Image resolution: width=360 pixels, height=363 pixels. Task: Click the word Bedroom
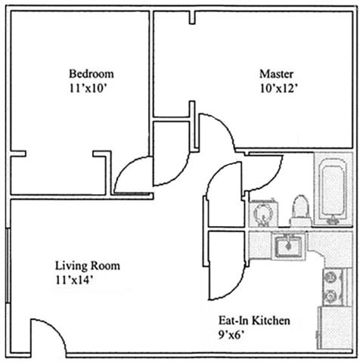tap(92, 74)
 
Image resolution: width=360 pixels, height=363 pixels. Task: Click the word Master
tap(276, 74)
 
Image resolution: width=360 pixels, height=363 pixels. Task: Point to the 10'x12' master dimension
tap(278, 88)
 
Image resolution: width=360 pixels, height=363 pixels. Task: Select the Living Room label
tap(88, 265)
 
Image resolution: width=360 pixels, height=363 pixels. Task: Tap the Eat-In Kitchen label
tap(254, 321)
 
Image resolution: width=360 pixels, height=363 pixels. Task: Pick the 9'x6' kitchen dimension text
tap(232, 335)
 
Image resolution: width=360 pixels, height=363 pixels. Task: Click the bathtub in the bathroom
tap(333, 190)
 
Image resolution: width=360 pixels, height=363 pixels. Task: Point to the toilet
tap(300, 210)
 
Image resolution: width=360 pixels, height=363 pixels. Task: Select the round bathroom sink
tap(264, 214)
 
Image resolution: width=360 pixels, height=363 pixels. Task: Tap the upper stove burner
tap(331, 278)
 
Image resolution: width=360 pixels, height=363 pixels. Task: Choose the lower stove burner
tap(331, 296)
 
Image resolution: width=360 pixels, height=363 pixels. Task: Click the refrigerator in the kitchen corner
tap(335, 327)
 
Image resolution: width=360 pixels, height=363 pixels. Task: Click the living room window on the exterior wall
tap(8, 265)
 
